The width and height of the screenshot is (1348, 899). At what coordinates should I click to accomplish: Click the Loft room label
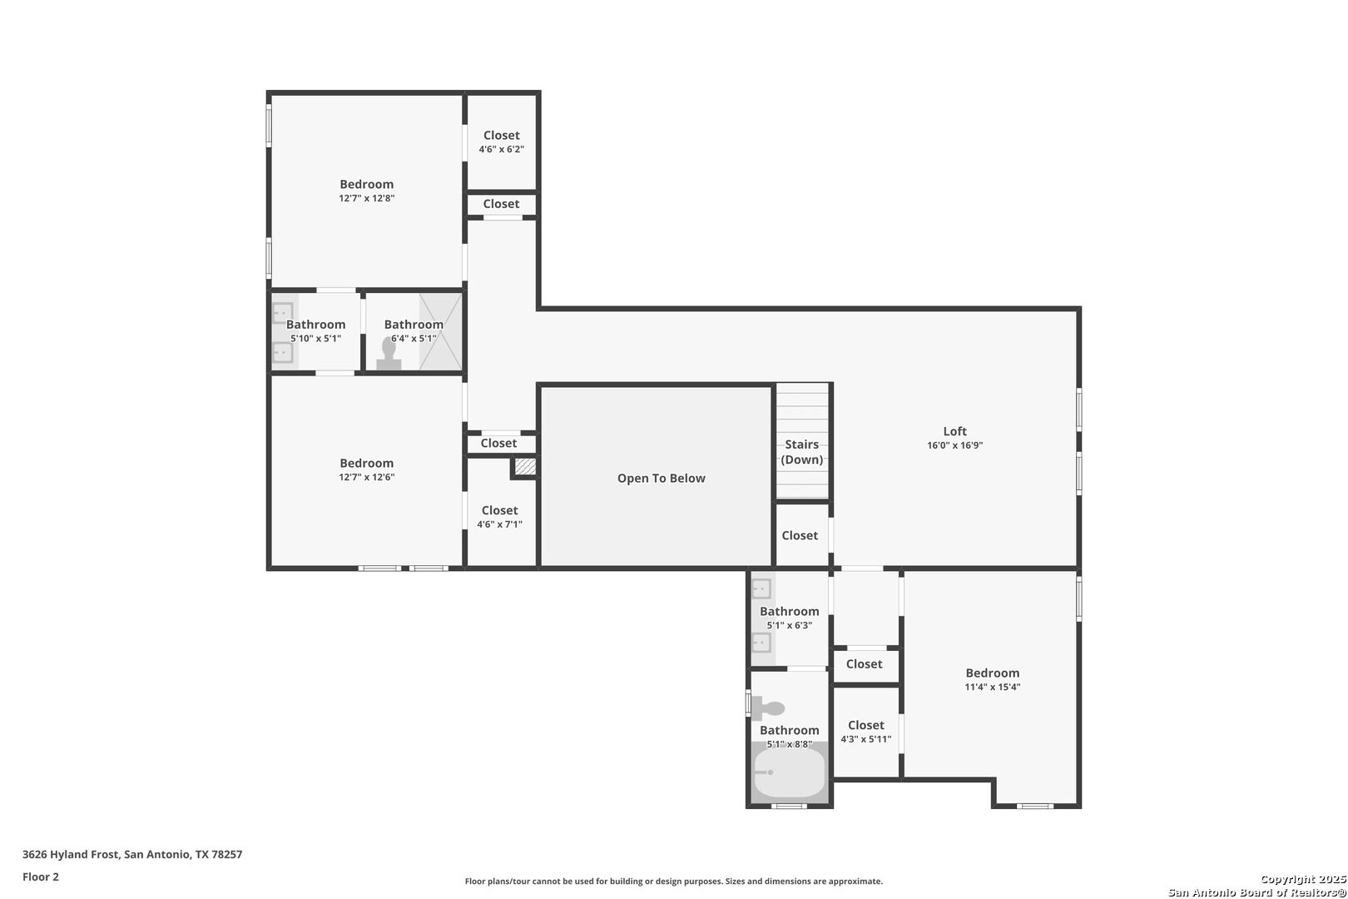954,431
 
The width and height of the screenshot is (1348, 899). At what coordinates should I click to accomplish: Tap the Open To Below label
661,478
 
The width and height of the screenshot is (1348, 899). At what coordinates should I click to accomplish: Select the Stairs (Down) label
801,452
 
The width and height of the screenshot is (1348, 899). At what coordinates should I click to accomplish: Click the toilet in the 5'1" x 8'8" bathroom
768,708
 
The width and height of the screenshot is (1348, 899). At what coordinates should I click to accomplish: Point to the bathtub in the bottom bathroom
789,772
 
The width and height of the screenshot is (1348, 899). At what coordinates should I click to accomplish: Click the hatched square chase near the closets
525,467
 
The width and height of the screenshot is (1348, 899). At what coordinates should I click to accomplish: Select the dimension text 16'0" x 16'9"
954,445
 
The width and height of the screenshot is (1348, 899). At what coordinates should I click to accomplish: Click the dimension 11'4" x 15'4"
993,687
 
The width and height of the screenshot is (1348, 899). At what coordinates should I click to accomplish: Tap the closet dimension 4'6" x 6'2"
501,149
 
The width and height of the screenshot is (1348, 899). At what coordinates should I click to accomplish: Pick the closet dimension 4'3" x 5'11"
866,739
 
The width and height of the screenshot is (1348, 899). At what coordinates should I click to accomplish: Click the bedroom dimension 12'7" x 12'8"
366,198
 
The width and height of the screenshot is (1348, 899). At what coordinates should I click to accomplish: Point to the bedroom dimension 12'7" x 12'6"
366,477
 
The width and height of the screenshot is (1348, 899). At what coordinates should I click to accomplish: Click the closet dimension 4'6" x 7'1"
499,524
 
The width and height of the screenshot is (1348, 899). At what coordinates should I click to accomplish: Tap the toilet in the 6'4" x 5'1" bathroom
389,354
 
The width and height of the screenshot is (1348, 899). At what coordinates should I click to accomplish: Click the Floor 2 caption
41,877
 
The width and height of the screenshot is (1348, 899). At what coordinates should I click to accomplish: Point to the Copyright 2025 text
1303,879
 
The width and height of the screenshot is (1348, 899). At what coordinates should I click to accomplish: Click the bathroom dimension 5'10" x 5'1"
315,339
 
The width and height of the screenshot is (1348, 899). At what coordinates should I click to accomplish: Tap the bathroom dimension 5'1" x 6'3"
789,626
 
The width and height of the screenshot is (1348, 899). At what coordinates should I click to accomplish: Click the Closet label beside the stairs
799,535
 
